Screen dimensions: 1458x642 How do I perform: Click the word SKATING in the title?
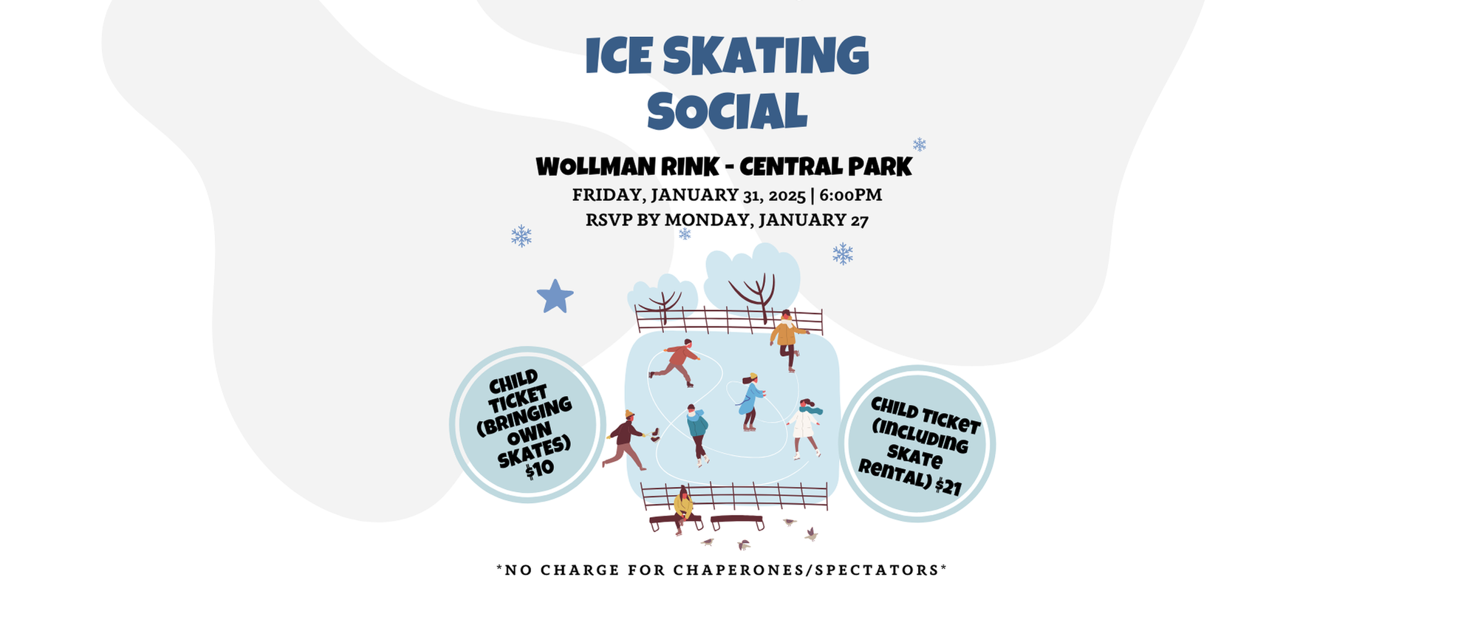765,55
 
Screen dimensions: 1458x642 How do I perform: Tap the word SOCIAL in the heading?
727,112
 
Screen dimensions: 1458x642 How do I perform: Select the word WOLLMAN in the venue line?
595,167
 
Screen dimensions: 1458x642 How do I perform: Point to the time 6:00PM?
850,195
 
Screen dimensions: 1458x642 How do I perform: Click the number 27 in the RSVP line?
860,220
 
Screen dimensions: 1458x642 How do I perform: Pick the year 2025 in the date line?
787,196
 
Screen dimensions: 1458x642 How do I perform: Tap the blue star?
555,296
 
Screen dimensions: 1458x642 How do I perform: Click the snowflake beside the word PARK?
919,144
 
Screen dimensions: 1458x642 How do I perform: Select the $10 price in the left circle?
539,468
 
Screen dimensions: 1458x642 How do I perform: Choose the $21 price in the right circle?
948,486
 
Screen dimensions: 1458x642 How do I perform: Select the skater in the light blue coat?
751,401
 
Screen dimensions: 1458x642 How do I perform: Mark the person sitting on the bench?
683,510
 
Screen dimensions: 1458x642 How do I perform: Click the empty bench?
737,522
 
